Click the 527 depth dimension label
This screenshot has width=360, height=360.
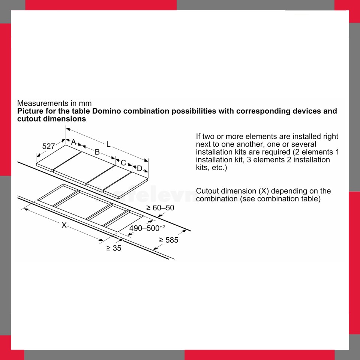tap(48, 146)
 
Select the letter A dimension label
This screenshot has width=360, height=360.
tap(73, 142)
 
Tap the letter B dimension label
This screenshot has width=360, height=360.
tap(97, 152)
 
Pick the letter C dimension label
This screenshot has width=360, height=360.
tap(123, 163)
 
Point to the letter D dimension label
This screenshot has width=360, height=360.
tap(139, 169)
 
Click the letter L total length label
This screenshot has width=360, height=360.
tap(108, 144)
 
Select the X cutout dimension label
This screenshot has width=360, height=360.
tap(64, 225)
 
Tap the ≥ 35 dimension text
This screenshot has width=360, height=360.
tap(114, 248)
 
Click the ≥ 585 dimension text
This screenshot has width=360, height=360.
tap(168, 240)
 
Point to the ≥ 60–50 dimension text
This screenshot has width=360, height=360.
tap(160, 208)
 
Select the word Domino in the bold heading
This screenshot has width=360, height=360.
tap(106, 111)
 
